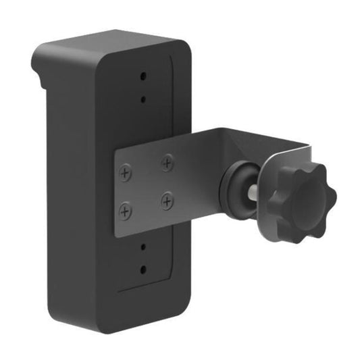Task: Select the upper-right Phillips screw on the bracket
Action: coord(167,162)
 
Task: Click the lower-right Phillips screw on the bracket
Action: coord(167,201)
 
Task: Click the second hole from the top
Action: coord(143,99)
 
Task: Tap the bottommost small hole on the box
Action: coord(143,269)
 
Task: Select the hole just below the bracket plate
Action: coord(143,246)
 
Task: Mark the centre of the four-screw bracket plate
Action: coord(146,187)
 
